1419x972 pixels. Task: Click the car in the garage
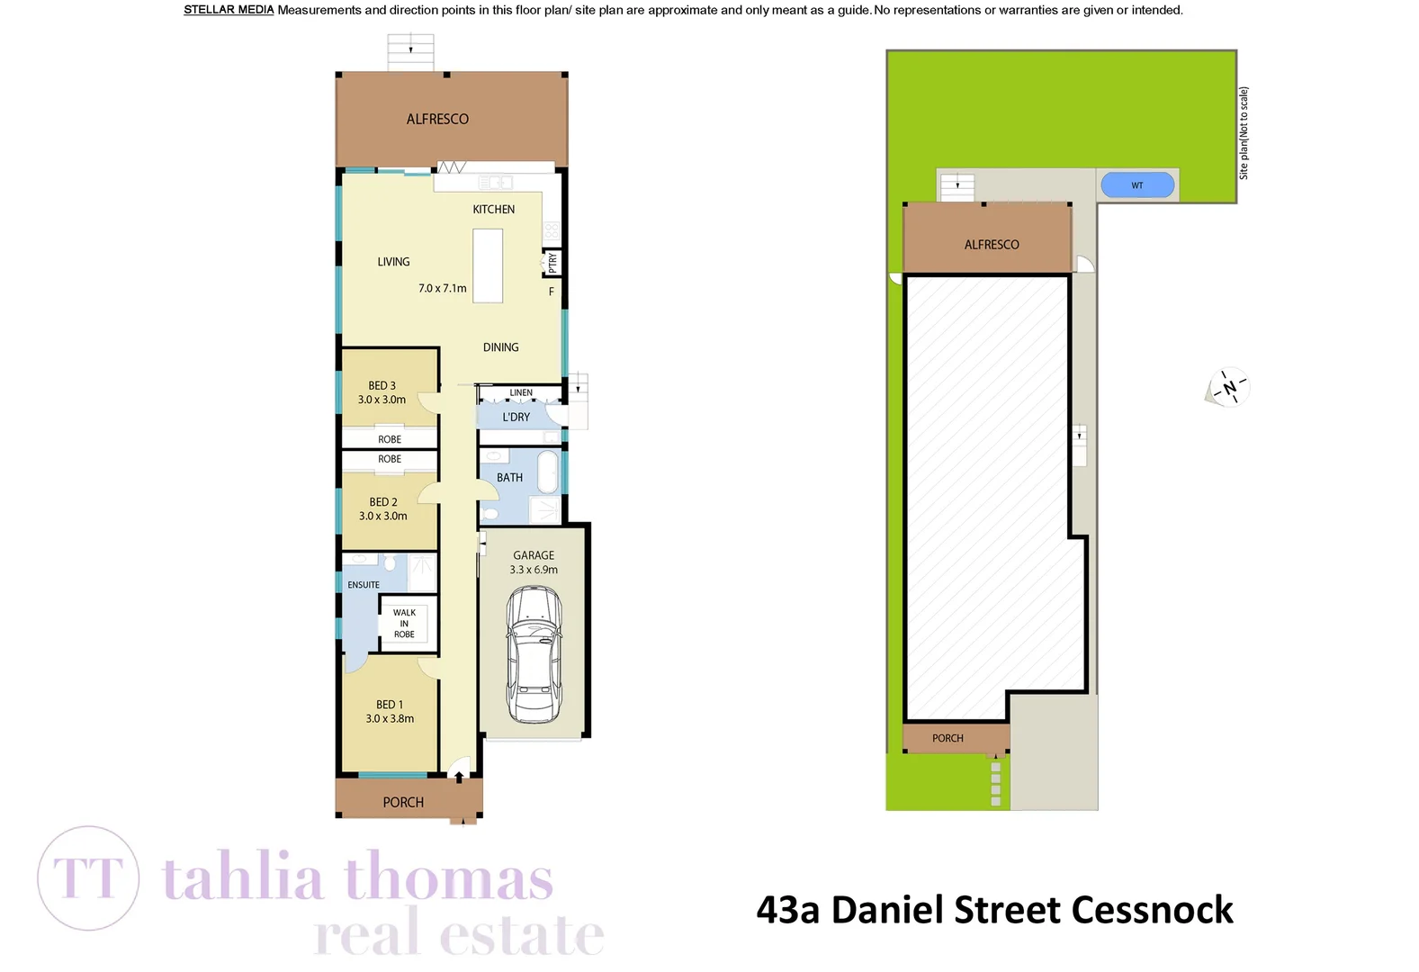(534, 653)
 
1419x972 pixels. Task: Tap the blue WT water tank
(1137, 185)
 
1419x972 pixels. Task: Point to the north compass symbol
(1228, 389)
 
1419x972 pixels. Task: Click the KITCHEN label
(494, 210)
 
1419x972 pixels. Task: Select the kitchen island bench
(488, 265)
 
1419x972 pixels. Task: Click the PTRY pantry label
(552, 262)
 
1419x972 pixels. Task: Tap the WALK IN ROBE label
(404, 624)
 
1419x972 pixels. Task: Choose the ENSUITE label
(364, 585)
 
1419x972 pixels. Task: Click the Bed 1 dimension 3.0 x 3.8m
(390, 719)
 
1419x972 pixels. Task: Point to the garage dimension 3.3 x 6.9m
(534, 570)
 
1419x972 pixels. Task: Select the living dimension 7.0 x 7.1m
(443, 289)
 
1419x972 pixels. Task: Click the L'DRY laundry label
(516, 418)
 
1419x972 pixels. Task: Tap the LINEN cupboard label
(521, 393)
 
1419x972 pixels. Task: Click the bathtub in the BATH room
(547, 472)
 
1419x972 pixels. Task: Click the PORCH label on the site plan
(947, 739)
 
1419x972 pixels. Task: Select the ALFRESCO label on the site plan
(992, 245)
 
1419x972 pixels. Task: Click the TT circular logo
(88, 877)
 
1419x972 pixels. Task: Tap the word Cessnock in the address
(1152, 910)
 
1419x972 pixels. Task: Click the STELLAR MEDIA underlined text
(229, 11)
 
